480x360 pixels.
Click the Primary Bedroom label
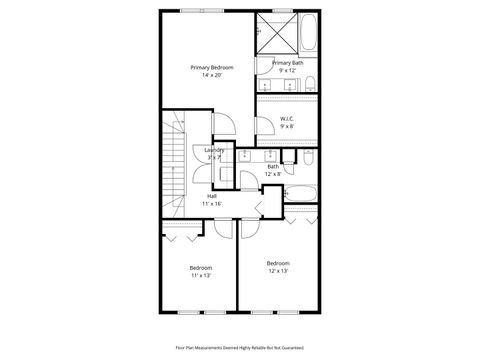[x=212, y=67]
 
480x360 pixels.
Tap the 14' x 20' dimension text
[x=212, y=75]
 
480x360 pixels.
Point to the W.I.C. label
[x=287, y=119]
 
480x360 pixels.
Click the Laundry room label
[x=215, y=150]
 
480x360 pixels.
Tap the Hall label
[x=212, y=195]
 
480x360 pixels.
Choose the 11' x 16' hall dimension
[x=212, y=203]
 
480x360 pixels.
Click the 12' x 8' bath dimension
[x=272, y=174]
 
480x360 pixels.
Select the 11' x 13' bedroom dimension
[x=201, y=275]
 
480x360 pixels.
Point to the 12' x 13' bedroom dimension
[x=277, y=271]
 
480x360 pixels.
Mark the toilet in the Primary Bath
[x=310, y=82]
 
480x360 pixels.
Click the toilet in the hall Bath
[x=308, y=157]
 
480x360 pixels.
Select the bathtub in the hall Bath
[x=301, y=192]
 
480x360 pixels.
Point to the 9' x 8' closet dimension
[x=287, y=127]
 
